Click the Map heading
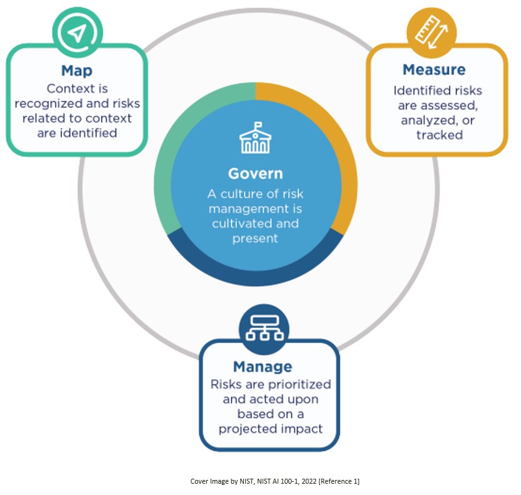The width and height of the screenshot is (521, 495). (77, 70)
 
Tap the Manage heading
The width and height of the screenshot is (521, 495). (262, 366)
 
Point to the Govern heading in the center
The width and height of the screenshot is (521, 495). (255, 173)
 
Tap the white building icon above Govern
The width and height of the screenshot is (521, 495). (255, 138)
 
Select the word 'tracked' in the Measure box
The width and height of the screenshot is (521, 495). (439, 134)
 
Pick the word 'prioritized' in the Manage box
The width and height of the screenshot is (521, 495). (301, 384)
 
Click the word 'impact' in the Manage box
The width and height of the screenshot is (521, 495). (301, 429)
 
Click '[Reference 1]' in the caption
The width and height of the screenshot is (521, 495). (337, 481)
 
